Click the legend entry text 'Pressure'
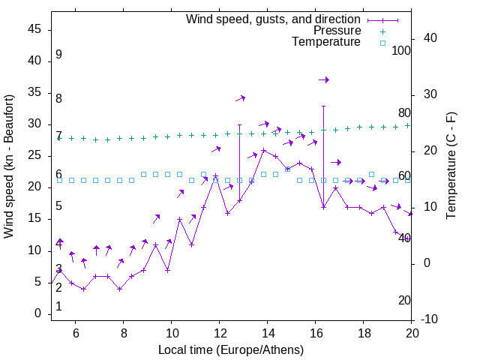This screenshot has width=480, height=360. tap(337, 31)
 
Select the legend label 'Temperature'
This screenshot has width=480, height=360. tap(326, 42)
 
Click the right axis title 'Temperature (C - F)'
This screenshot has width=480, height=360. tap(451, 166)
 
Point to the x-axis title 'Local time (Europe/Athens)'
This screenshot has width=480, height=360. tap(231, 349)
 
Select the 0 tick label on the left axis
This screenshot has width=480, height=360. tap(37, 314)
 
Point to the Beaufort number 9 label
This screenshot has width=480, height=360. tap(58, 55)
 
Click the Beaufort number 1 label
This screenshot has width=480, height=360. tap(58, 307)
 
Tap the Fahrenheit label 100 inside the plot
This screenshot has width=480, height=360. tap(401, 51)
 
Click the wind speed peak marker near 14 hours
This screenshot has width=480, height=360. tap(263, 151)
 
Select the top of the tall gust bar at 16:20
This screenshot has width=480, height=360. tap(323, 106)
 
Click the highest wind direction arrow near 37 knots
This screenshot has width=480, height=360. tap(323, 79)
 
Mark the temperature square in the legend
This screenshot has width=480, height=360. tap(382, 43)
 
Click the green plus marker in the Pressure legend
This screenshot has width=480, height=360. tap(382, 31)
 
